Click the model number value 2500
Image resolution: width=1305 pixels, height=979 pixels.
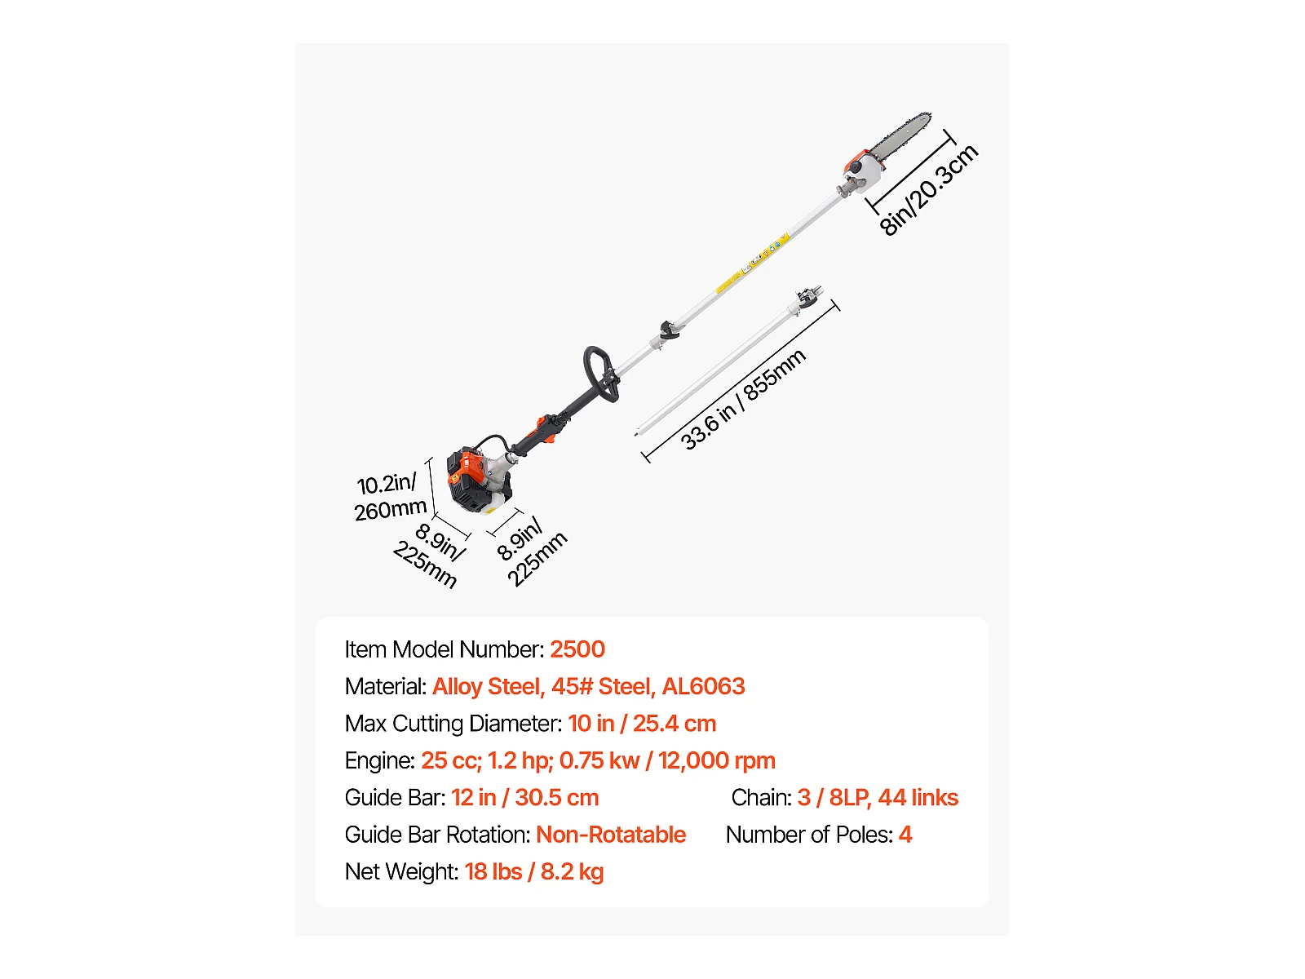pyautogui.click(x=577, y=649)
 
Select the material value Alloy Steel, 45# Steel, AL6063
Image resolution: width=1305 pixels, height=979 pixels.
pyautogui.click(x=588, y=687)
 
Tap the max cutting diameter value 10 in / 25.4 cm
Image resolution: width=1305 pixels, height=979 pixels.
pyautogui.click(x=642, y=724)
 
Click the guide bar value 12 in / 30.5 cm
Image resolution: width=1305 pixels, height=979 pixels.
pyautogui.click(x=524, y=798)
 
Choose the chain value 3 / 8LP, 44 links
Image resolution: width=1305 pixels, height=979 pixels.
pyautogui.click(x=878, y=798)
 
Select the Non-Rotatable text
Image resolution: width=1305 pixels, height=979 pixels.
pyautogui.click(x=611, y=835)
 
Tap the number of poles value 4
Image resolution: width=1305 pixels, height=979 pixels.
pyautogui.click(x=905, y=835)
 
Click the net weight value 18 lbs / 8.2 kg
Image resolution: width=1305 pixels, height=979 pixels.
pyautogui.click(x=534, y=872)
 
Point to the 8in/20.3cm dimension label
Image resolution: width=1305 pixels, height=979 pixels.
pyautogui.click(x=929, y=190)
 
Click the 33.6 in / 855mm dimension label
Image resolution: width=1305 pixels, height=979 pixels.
pyautogui.click(x=743, y=400)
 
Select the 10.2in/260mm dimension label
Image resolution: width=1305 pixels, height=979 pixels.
pyautogui.click(x=390, y=497)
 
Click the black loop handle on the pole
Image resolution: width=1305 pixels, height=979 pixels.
pyautogui.click(x=599, y=374)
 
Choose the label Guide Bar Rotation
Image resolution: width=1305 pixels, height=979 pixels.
pyautogui.click(x=437, y=835)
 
